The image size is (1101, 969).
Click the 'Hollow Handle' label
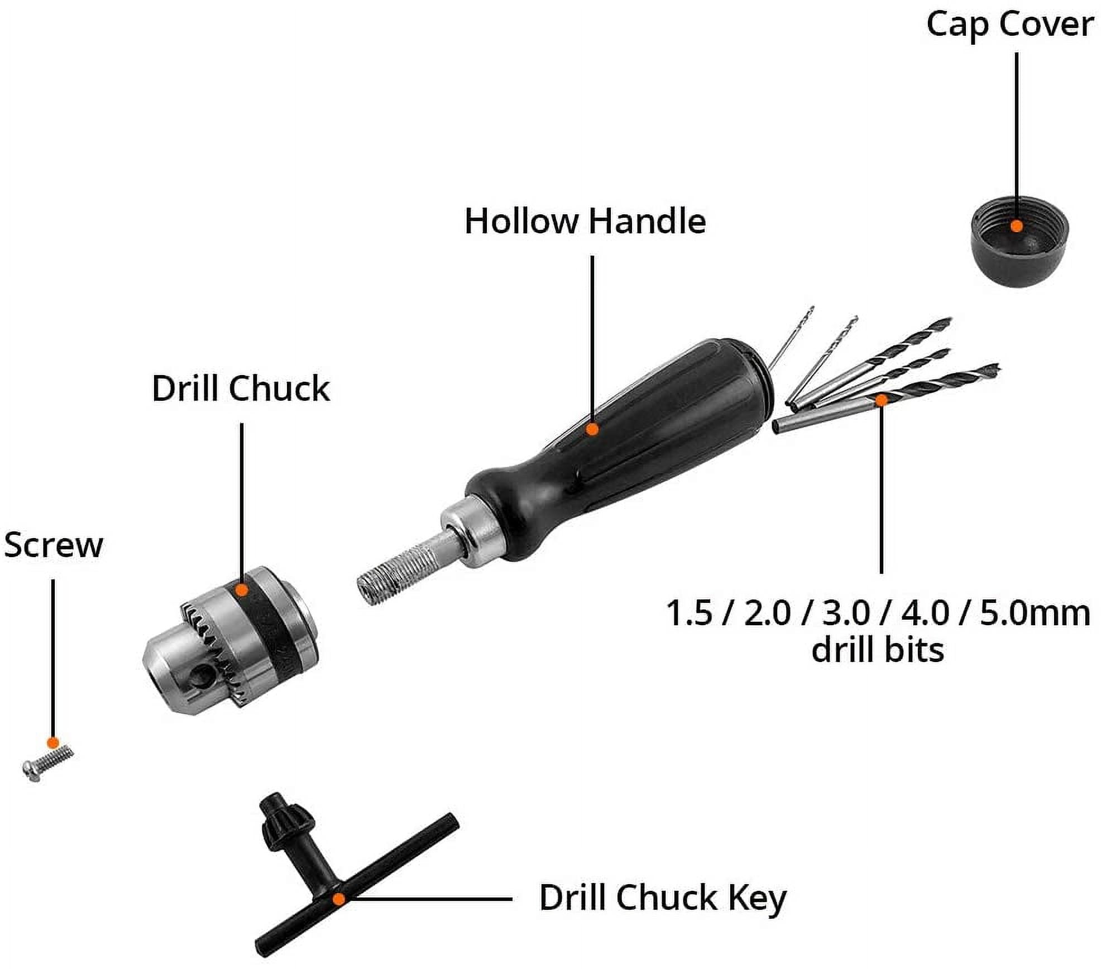[x=585, y=221]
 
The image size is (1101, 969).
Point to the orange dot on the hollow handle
[x=592, y=429]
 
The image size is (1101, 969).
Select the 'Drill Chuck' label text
[x=241, y=388]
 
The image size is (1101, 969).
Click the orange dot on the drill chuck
[x=242, y=590]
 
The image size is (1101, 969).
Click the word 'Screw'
[x=54, y=545]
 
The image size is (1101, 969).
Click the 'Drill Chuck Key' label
[x=663, y=898]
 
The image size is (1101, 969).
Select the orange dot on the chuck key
[x=338, y=899]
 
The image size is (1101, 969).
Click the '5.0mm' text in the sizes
[x=1035, y=613]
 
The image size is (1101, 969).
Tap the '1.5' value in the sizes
[x=689, y=613]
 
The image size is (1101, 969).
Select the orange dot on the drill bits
[x=880, y=400]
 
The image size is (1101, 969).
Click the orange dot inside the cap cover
[x=1017, y=226]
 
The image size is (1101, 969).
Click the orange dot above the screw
[x=52, y=743]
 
